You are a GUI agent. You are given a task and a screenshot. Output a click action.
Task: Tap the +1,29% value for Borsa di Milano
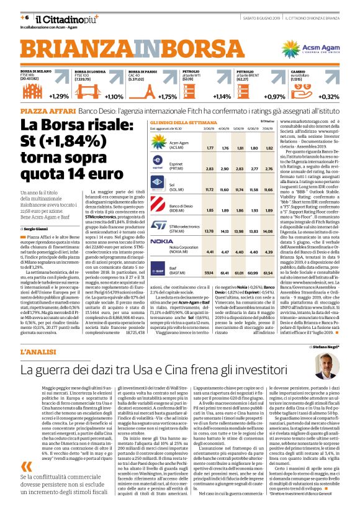(60, 96)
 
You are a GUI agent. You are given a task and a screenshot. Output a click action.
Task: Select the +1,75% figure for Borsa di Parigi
(168, 96)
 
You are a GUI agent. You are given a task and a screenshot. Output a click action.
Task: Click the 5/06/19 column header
(238, 129)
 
